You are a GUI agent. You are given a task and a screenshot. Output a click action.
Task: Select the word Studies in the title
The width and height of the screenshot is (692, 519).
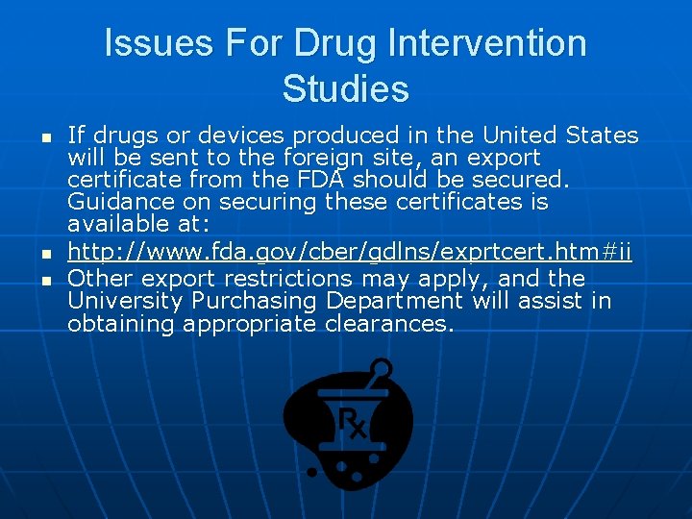346,89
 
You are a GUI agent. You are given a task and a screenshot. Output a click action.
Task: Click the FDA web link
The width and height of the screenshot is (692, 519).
350,253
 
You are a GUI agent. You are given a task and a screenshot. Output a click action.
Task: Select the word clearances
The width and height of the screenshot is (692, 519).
389,325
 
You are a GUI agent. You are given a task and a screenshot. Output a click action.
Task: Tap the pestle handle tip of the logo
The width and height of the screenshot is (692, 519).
382,367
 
